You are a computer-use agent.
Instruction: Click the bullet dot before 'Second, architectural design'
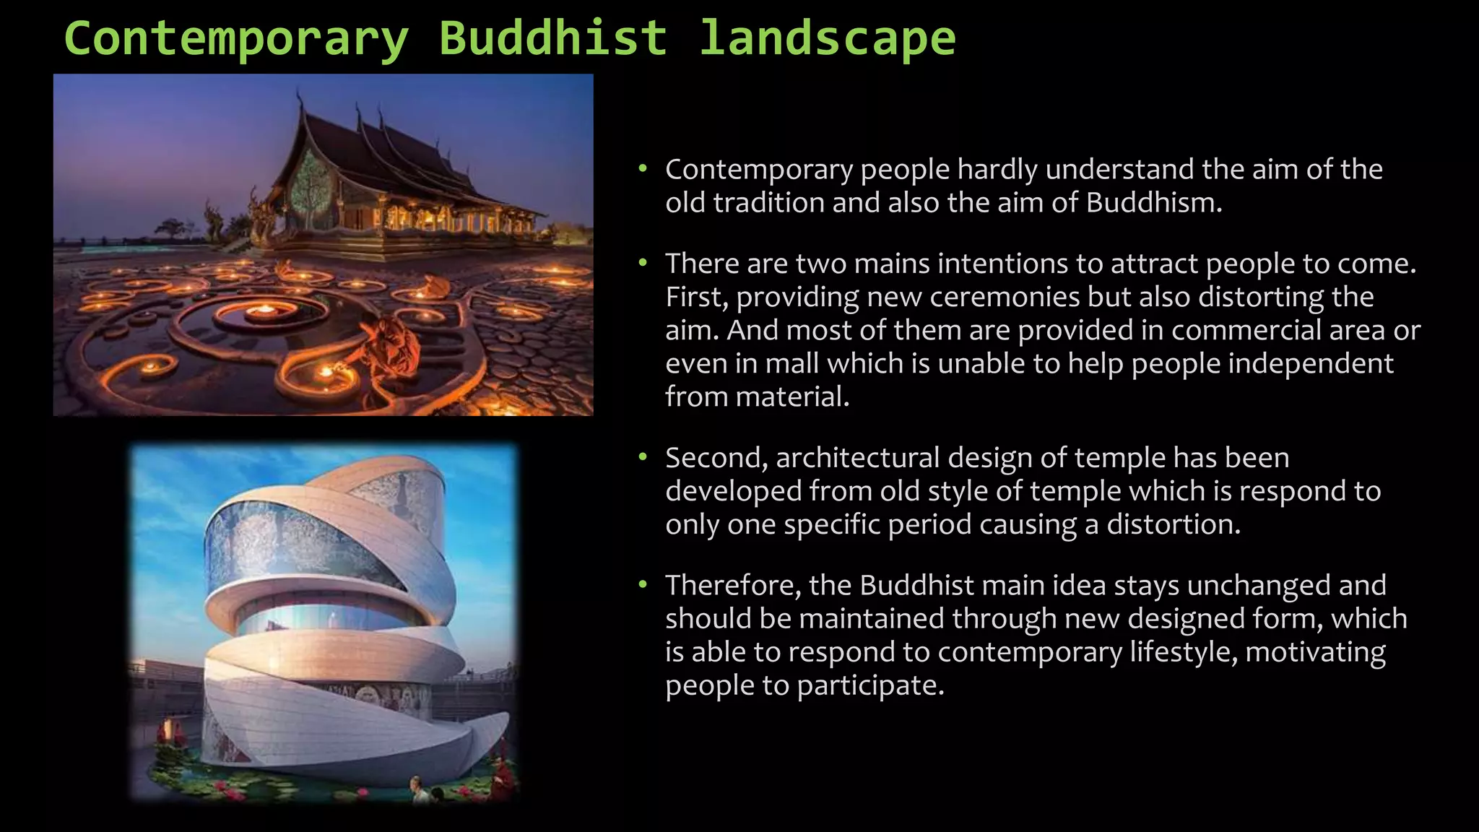point(642,456)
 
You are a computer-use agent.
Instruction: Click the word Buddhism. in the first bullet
point(1153,203)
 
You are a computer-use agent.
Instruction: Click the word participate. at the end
point(870,685)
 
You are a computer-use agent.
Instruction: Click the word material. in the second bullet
point(757,396)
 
